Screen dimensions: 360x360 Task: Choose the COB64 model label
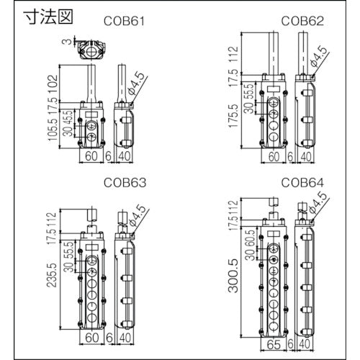pos(301,183)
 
